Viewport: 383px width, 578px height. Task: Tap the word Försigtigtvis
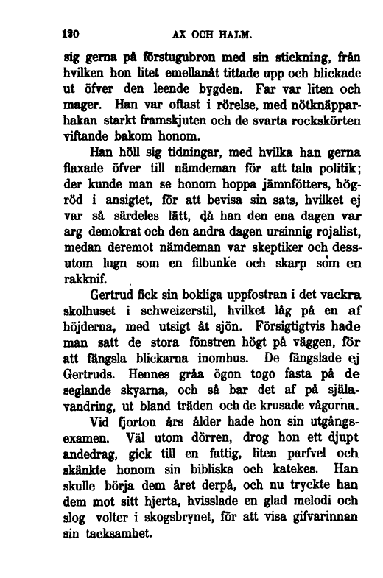pyautogui.click(x=279, y=346)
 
